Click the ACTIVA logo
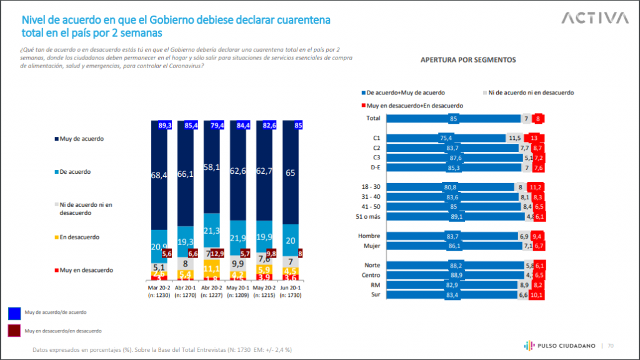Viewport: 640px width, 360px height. point(594,18)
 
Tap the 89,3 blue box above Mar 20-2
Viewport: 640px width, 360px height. point(164,125)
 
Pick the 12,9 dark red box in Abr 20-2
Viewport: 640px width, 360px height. point(217,253)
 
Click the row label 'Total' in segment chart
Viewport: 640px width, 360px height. point(373,117)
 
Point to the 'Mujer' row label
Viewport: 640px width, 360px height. point(372,246)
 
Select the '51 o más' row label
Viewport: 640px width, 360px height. point(369,216)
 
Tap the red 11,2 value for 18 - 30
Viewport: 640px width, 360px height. point(534,186)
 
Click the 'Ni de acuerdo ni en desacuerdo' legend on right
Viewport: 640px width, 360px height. point(531,92)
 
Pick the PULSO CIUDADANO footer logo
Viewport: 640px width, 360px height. point(557,345)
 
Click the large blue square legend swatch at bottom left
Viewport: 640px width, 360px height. point(14,312)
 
